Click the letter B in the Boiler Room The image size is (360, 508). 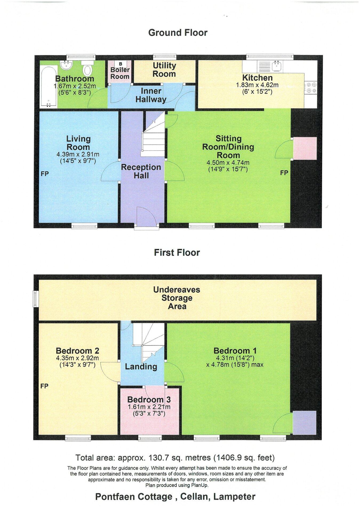tap(120, 64)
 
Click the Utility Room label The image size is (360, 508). tap(164, 70)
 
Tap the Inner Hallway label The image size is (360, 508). tap(151, 95)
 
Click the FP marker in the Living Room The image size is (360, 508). tap(45, 174)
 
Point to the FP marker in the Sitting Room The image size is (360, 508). tap(284, 173)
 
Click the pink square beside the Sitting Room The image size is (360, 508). tap(305, 148)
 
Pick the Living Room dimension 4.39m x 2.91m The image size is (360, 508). tap(78, 154)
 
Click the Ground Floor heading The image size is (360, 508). tap(178, 33)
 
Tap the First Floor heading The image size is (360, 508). tap(177, 252)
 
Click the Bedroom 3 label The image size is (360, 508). tap(149, 399)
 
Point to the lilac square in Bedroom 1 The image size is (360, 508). tap(305, 423)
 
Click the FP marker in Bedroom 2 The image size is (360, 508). tap(45, 386)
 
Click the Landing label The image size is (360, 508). tap(141, 367)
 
